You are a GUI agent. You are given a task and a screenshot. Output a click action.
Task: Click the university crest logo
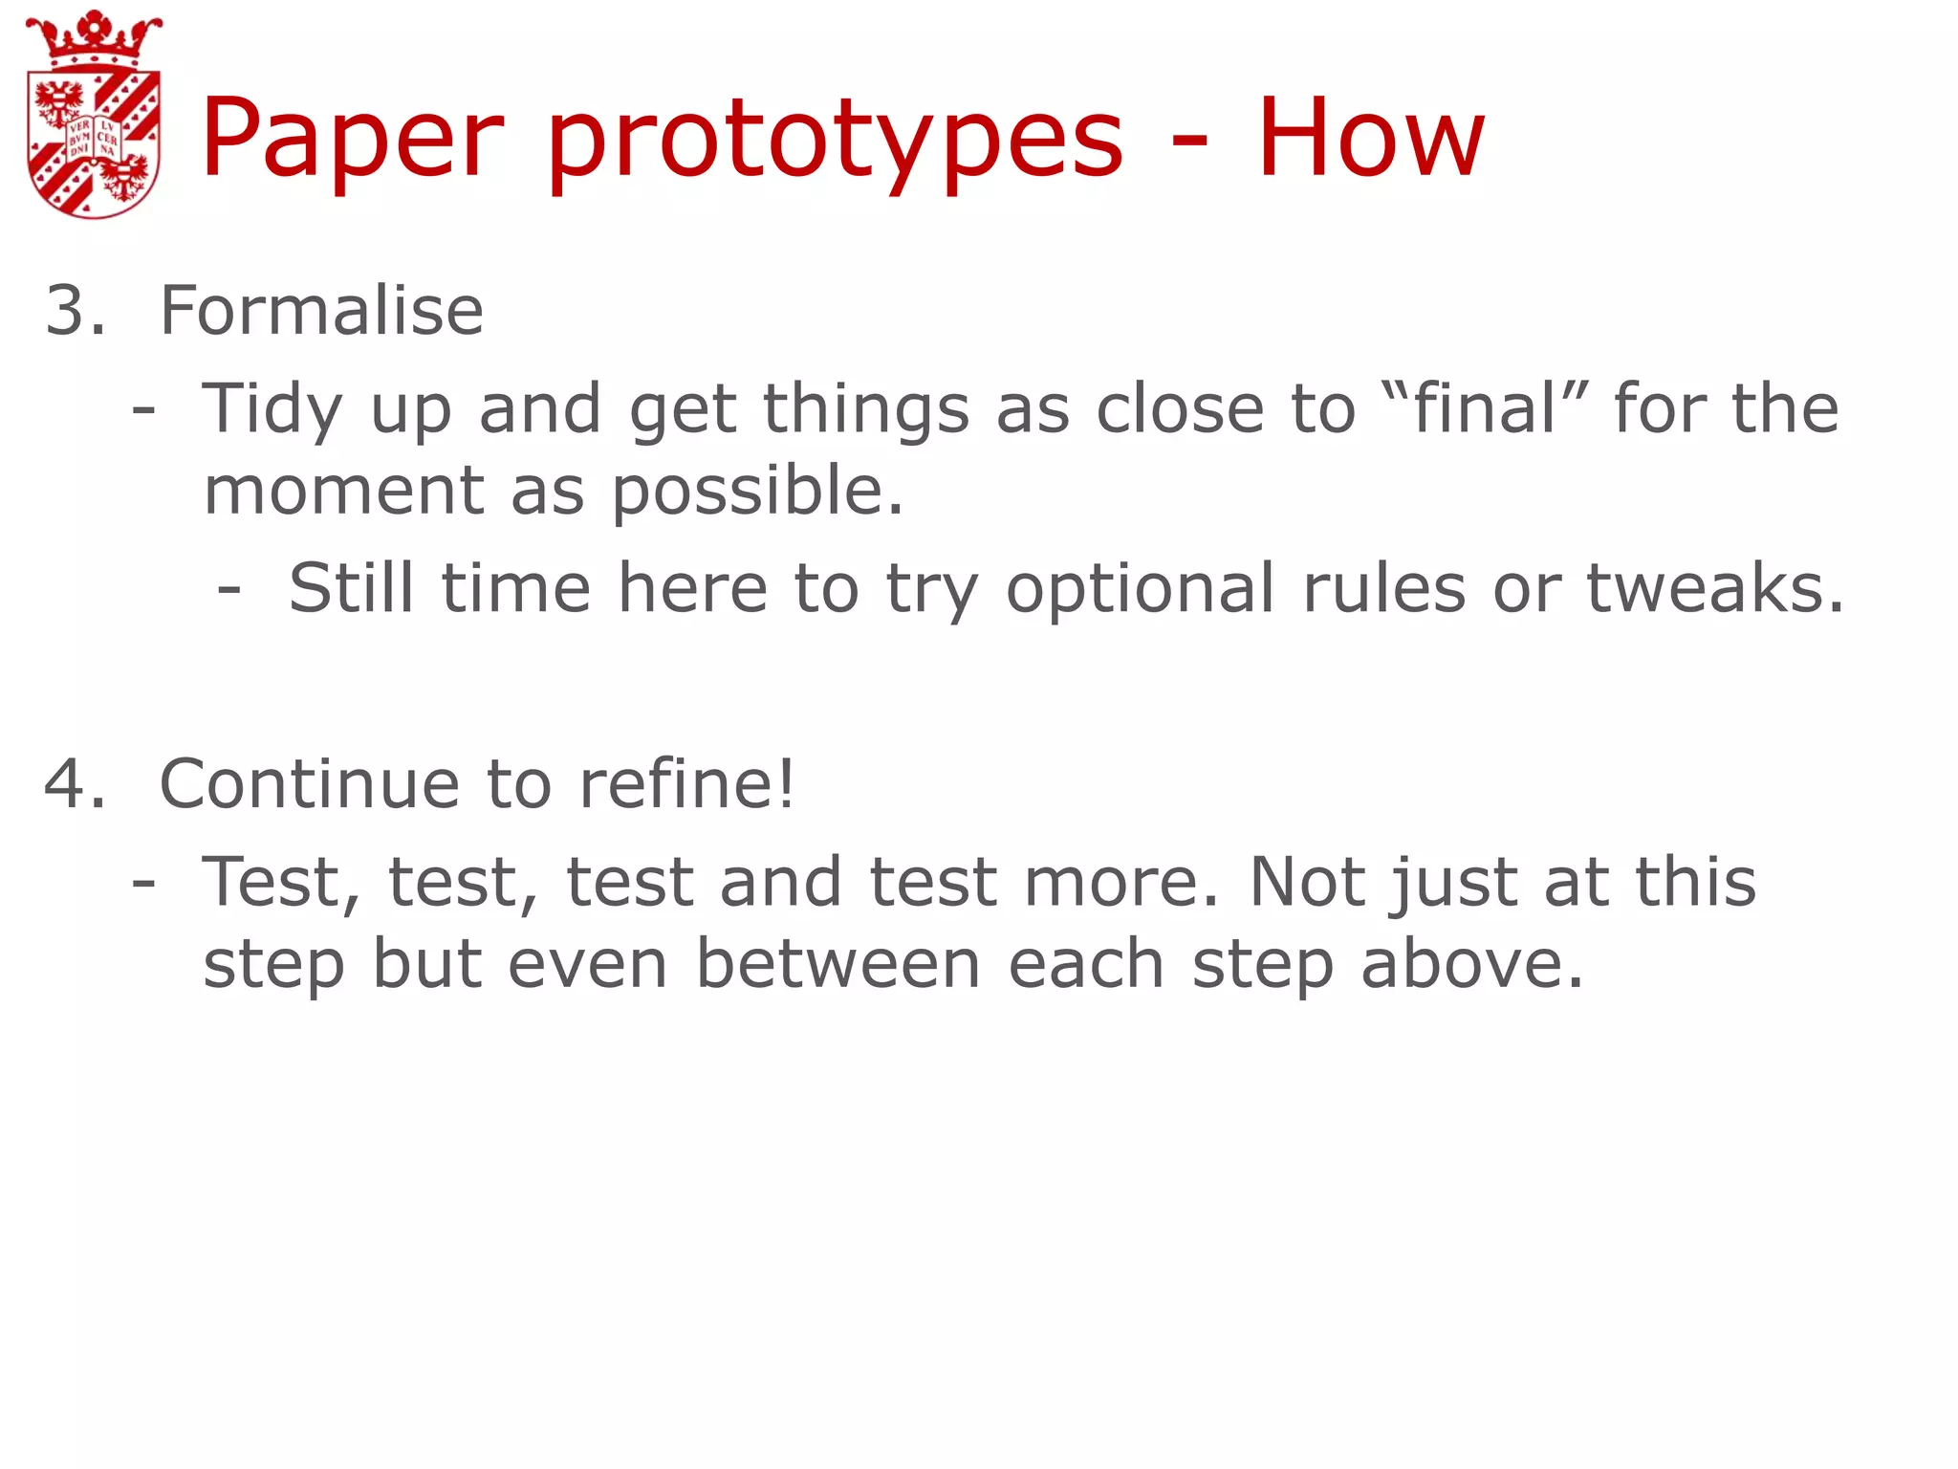pos(94,115)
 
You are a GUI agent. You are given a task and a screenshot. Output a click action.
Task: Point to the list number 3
pos(75,311)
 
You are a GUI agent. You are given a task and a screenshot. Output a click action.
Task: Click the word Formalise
pos(321,311)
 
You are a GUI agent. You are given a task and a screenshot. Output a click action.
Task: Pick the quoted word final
pos(1486,407)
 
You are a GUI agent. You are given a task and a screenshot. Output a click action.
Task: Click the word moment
pos(344,490)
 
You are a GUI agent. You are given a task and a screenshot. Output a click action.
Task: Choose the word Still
pos(350,587)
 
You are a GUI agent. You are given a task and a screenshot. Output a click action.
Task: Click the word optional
pos(1140,589)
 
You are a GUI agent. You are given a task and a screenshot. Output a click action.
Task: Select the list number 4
pos(75,784)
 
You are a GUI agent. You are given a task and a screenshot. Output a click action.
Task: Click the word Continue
pos(309,784)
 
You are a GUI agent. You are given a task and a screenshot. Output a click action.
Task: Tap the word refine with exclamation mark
pos(686,784)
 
